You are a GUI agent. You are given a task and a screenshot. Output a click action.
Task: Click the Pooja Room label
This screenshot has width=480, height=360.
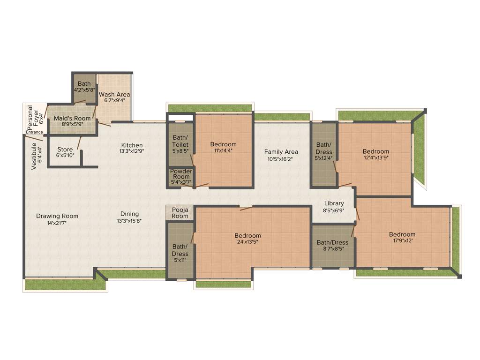click(x=180, y=213)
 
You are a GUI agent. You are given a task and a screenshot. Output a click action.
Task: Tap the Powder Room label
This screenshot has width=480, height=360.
click(x=181, y=174)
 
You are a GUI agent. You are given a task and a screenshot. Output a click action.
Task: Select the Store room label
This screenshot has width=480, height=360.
click(x=65, y=150)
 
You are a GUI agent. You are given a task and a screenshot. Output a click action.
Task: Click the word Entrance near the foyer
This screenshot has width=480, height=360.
click(x=34, y=132)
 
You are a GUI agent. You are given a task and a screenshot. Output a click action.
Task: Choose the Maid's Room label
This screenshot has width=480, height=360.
click(x=72, y=118)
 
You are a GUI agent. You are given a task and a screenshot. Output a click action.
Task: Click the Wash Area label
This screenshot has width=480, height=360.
click(x=114, y=94)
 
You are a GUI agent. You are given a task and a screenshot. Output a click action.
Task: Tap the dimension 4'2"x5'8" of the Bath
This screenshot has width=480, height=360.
click(x=84, y=90)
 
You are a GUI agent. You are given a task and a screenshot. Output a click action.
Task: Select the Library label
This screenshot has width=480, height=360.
click(x=334, y=203)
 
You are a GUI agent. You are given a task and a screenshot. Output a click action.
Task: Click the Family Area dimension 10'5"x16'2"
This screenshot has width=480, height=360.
click(x=281, y=159)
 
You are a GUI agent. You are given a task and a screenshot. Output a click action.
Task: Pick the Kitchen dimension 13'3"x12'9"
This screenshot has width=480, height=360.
click(x=132, y=151)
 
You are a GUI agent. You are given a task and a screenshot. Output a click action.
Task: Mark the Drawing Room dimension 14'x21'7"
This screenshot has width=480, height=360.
click(x=57, y=223)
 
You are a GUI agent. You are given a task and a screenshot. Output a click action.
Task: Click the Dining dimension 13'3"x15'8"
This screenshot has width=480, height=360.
click(x=129, y=221)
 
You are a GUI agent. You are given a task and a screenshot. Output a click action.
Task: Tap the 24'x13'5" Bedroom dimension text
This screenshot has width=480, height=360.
click(x=247, y=242)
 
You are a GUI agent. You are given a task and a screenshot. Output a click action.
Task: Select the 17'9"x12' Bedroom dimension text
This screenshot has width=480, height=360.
click(x=402, y=241)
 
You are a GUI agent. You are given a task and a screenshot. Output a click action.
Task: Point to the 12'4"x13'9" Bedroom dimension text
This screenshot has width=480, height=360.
click(x=376, y=158)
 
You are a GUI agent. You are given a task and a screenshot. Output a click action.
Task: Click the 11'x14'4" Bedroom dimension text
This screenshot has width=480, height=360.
click(x=223, y=150)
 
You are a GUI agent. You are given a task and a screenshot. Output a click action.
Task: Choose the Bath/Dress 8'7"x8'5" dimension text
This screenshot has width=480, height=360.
click(x=332, y=249)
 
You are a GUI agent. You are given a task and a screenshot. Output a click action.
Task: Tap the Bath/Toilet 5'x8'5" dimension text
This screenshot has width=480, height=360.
click(x=180, y=151)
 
